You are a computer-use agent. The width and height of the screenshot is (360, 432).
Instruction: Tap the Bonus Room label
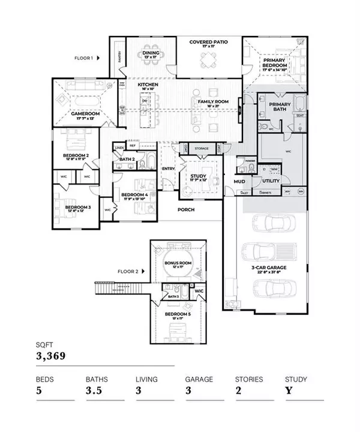[178, 263]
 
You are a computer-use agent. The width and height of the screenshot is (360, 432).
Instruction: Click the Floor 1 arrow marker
[99, 58]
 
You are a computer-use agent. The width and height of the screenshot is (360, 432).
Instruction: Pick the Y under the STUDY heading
[289, 391]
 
